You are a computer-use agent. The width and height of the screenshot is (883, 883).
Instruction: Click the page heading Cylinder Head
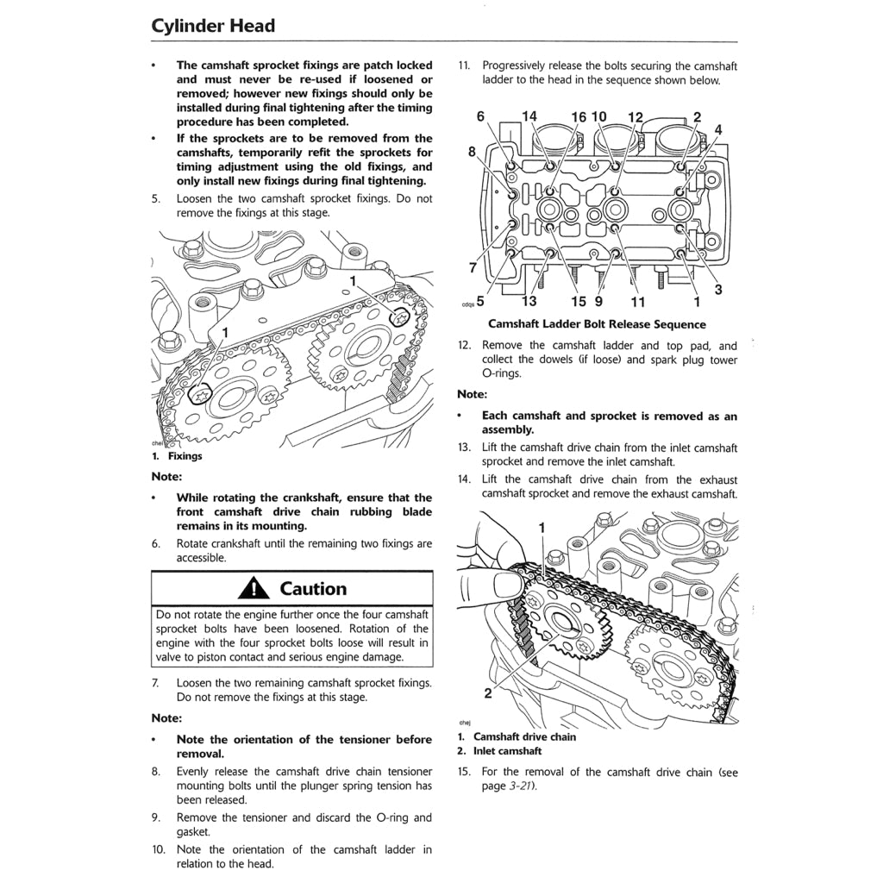213,26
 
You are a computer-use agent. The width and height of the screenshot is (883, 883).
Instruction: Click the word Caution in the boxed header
313,589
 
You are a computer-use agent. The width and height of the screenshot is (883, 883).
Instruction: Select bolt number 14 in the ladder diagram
529,116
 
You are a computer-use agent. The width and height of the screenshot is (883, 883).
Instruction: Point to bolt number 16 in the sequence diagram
578,117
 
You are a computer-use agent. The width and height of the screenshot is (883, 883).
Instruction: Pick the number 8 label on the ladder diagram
473,152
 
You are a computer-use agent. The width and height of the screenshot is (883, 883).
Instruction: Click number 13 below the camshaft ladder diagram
529,301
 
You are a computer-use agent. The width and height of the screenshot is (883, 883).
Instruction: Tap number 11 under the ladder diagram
637,302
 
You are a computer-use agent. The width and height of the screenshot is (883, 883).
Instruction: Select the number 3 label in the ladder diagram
717,290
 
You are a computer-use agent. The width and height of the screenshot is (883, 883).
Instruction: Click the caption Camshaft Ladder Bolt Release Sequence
597,325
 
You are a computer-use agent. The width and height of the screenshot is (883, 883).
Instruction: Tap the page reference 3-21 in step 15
509,786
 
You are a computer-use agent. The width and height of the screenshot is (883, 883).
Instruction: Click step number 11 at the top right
463,66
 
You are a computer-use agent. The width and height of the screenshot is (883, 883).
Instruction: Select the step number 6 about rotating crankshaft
156,544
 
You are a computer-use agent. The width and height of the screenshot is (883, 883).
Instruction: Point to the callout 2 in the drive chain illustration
487,692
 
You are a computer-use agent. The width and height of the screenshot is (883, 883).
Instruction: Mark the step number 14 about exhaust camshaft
464,479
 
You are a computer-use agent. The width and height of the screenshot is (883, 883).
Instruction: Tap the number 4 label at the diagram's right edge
718,129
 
